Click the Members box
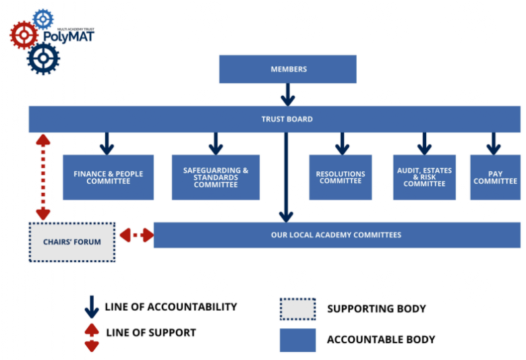tap(288, 69)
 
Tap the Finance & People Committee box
tap(108, 177)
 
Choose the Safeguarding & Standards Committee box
tap(215, 177)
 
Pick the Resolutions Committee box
tap(341, 177)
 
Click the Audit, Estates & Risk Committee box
tap(424, 177)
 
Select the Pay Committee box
tap(494, 177)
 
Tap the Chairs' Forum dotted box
tap(72, 242)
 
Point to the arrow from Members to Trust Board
tap(288, 94)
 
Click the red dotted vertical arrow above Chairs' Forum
tap(42, 177)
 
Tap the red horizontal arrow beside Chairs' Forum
tap(136, 235)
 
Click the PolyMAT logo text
tap(73, 36)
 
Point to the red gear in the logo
tap(24, 34)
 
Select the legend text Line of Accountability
tap(171, 307)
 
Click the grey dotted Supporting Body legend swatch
tap(297, 309)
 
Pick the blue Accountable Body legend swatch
tap(297, 340)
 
